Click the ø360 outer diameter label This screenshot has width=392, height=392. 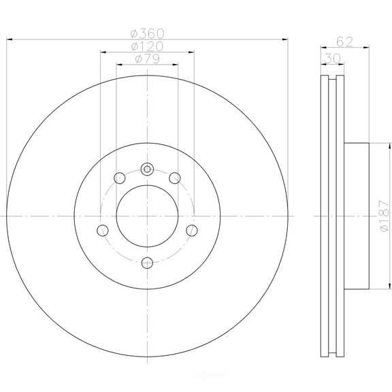(x=147, y=33)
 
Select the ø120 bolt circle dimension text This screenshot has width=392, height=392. (x=147, y=46)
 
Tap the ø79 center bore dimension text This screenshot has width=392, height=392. (x=147, y=59)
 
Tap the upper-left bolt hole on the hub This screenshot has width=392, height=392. (x=120, y=178)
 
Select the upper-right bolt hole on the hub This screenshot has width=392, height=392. (x=174, y=178)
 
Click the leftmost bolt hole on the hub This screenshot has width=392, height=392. (x=103, y=229)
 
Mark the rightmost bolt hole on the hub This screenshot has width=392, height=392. (x=191, y=229)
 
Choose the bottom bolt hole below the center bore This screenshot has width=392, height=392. (x=147, y=261)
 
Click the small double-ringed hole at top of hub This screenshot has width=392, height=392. (x=147, y=169)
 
